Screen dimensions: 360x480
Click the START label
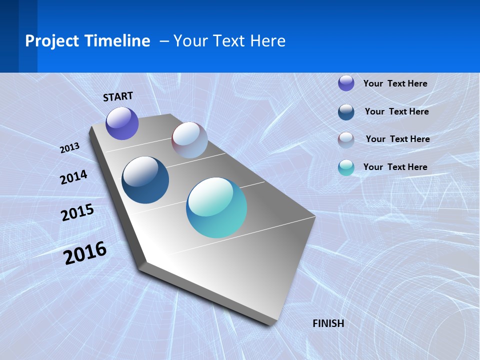pos(118,96)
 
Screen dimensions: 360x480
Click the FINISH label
pos(328,323)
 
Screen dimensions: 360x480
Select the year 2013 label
pos(70,148)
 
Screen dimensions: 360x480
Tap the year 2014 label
pos(73,177)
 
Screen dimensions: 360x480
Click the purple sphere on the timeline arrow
pos(122,123)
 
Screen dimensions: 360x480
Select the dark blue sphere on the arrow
pos(145,180)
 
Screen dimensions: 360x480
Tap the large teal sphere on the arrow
pos(216,207)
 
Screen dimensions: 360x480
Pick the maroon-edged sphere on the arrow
pos(189,140)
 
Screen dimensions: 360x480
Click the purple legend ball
pos(346,83)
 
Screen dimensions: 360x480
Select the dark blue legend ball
pos(346,112)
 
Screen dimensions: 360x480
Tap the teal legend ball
pos(346,168)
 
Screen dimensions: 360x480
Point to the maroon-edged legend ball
pos(346,140)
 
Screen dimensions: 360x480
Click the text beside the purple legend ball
pos(395,83)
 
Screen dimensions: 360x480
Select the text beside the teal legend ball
pos(395,167)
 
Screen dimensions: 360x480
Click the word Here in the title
pos(267,41)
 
